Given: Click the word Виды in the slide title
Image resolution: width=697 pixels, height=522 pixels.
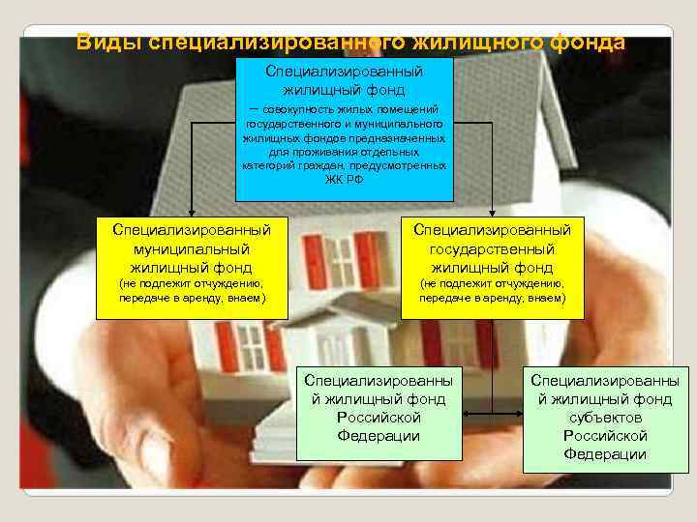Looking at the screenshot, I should coord(107,43).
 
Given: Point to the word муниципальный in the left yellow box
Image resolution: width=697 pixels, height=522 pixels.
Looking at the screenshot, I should coord(191,248).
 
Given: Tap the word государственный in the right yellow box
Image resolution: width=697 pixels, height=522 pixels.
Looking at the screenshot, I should coord(492,248).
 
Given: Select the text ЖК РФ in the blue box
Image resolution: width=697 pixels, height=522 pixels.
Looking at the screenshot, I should coord(345,180).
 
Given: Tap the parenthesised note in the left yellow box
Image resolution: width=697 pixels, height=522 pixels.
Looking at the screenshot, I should coord(191,291).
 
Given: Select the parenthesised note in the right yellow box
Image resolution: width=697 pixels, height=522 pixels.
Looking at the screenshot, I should coord(492,291).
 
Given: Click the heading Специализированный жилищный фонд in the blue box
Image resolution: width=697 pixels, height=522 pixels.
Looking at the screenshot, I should coord(344,80).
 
